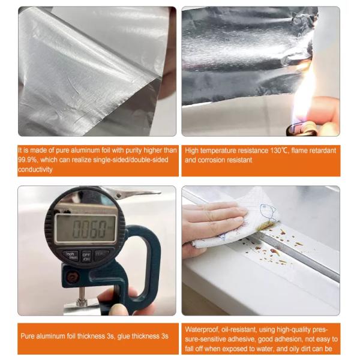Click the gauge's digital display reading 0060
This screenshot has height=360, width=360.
coord(85,229)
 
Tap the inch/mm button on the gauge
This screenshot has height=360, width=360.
coord(71,254)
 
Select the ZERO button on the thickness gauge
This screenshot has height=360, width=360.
coord(102,254)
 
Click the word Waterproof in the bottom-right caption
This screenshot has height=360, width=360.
coord(202,329)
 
